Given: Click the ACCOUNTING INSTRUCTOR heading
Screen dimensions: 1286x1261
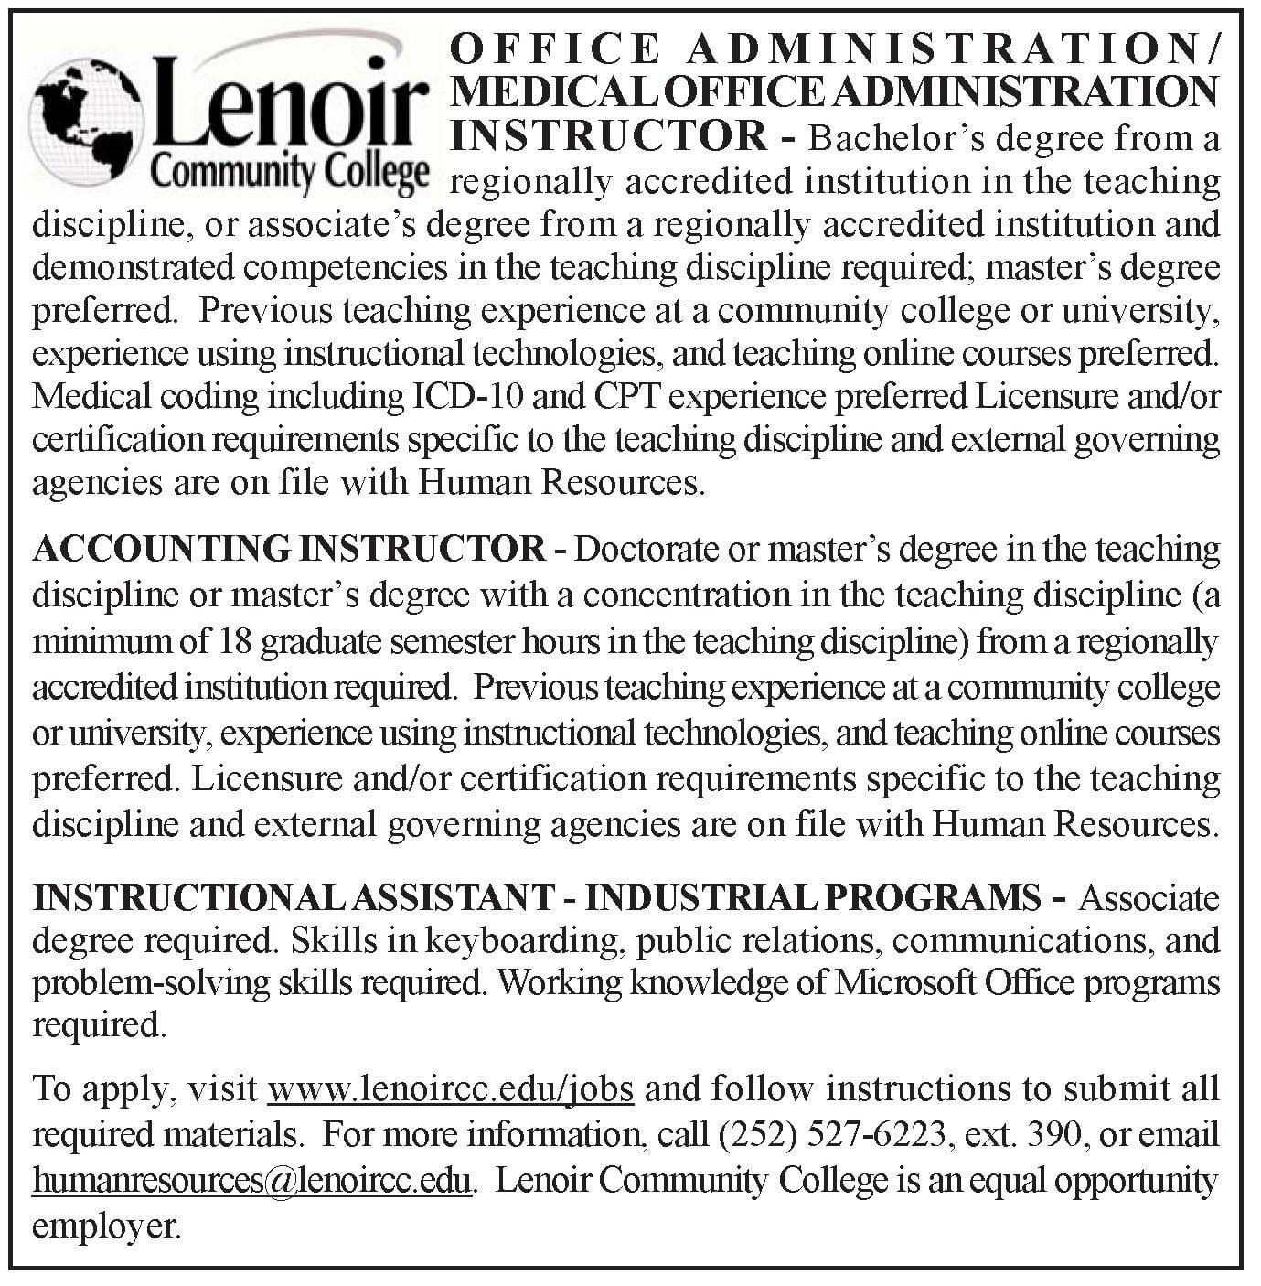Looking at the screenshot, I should tap(289, 550).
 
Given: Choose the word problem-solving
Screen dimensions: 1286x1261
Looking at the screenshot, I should tap(147, 983).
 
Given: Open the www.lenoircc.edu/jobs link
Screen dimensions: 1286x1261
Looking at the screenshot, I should tap(451, 1089).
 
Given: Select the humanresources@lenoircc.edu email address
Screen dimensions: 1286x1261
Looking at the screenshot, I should tap(252, 1181).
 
